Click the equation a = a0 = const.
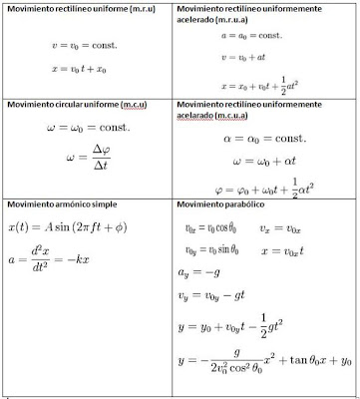point(251,35)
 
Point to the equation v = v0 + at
point(249,59)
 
